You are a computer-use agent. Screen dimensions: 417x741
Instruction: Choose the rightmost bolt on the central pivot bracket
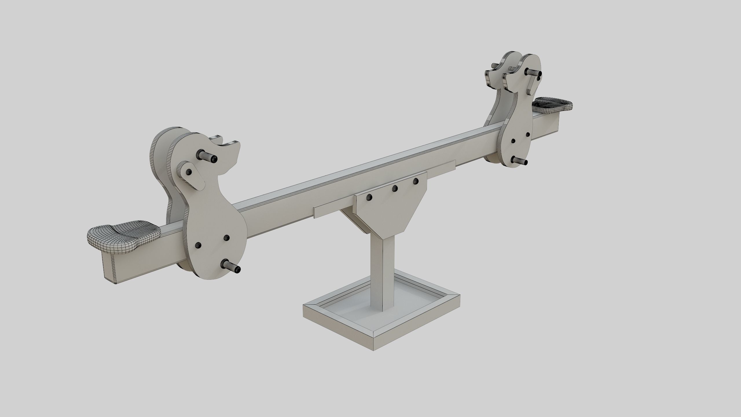click(416, 181)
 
